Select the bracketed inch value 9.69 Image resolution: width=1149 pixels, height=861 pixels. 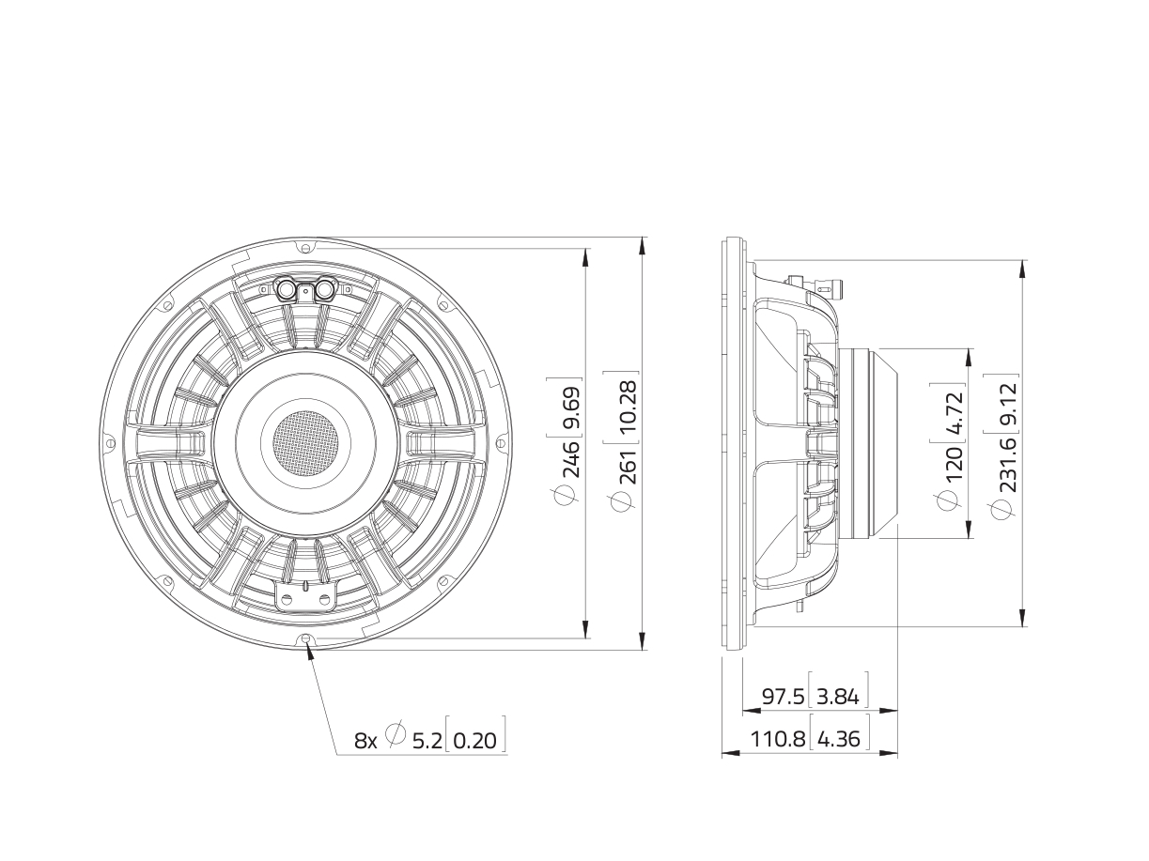click(570, 406)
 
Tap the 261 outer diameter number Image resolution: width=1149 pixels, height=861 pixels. click(627, 464)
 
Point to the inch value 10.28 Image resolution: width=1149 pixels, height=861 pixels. click(627, 404)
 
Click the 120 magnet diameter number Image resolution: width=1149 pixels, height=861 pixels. click(952, 464)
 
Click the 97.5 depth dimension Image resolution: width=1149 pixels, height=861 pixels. click(783, 697)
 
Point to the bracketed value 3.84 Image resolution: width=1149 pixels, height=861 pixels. click(838, 697)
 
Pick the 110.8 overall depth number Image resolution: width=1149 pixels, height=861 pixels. click(778, 739)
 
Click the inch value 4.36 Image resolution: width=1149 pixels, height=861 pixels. click(838, 739)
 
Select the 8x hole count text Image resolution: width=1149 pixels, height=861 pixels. click(365, 741)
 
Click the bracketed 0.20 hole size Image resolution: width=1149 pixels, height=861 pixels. click(475, 741)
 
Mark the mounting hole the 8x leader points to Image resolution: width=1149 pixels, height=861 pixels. click(306, 639)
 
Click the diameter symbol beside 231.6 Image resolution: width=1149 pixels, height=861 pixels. click(1002, 509)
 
